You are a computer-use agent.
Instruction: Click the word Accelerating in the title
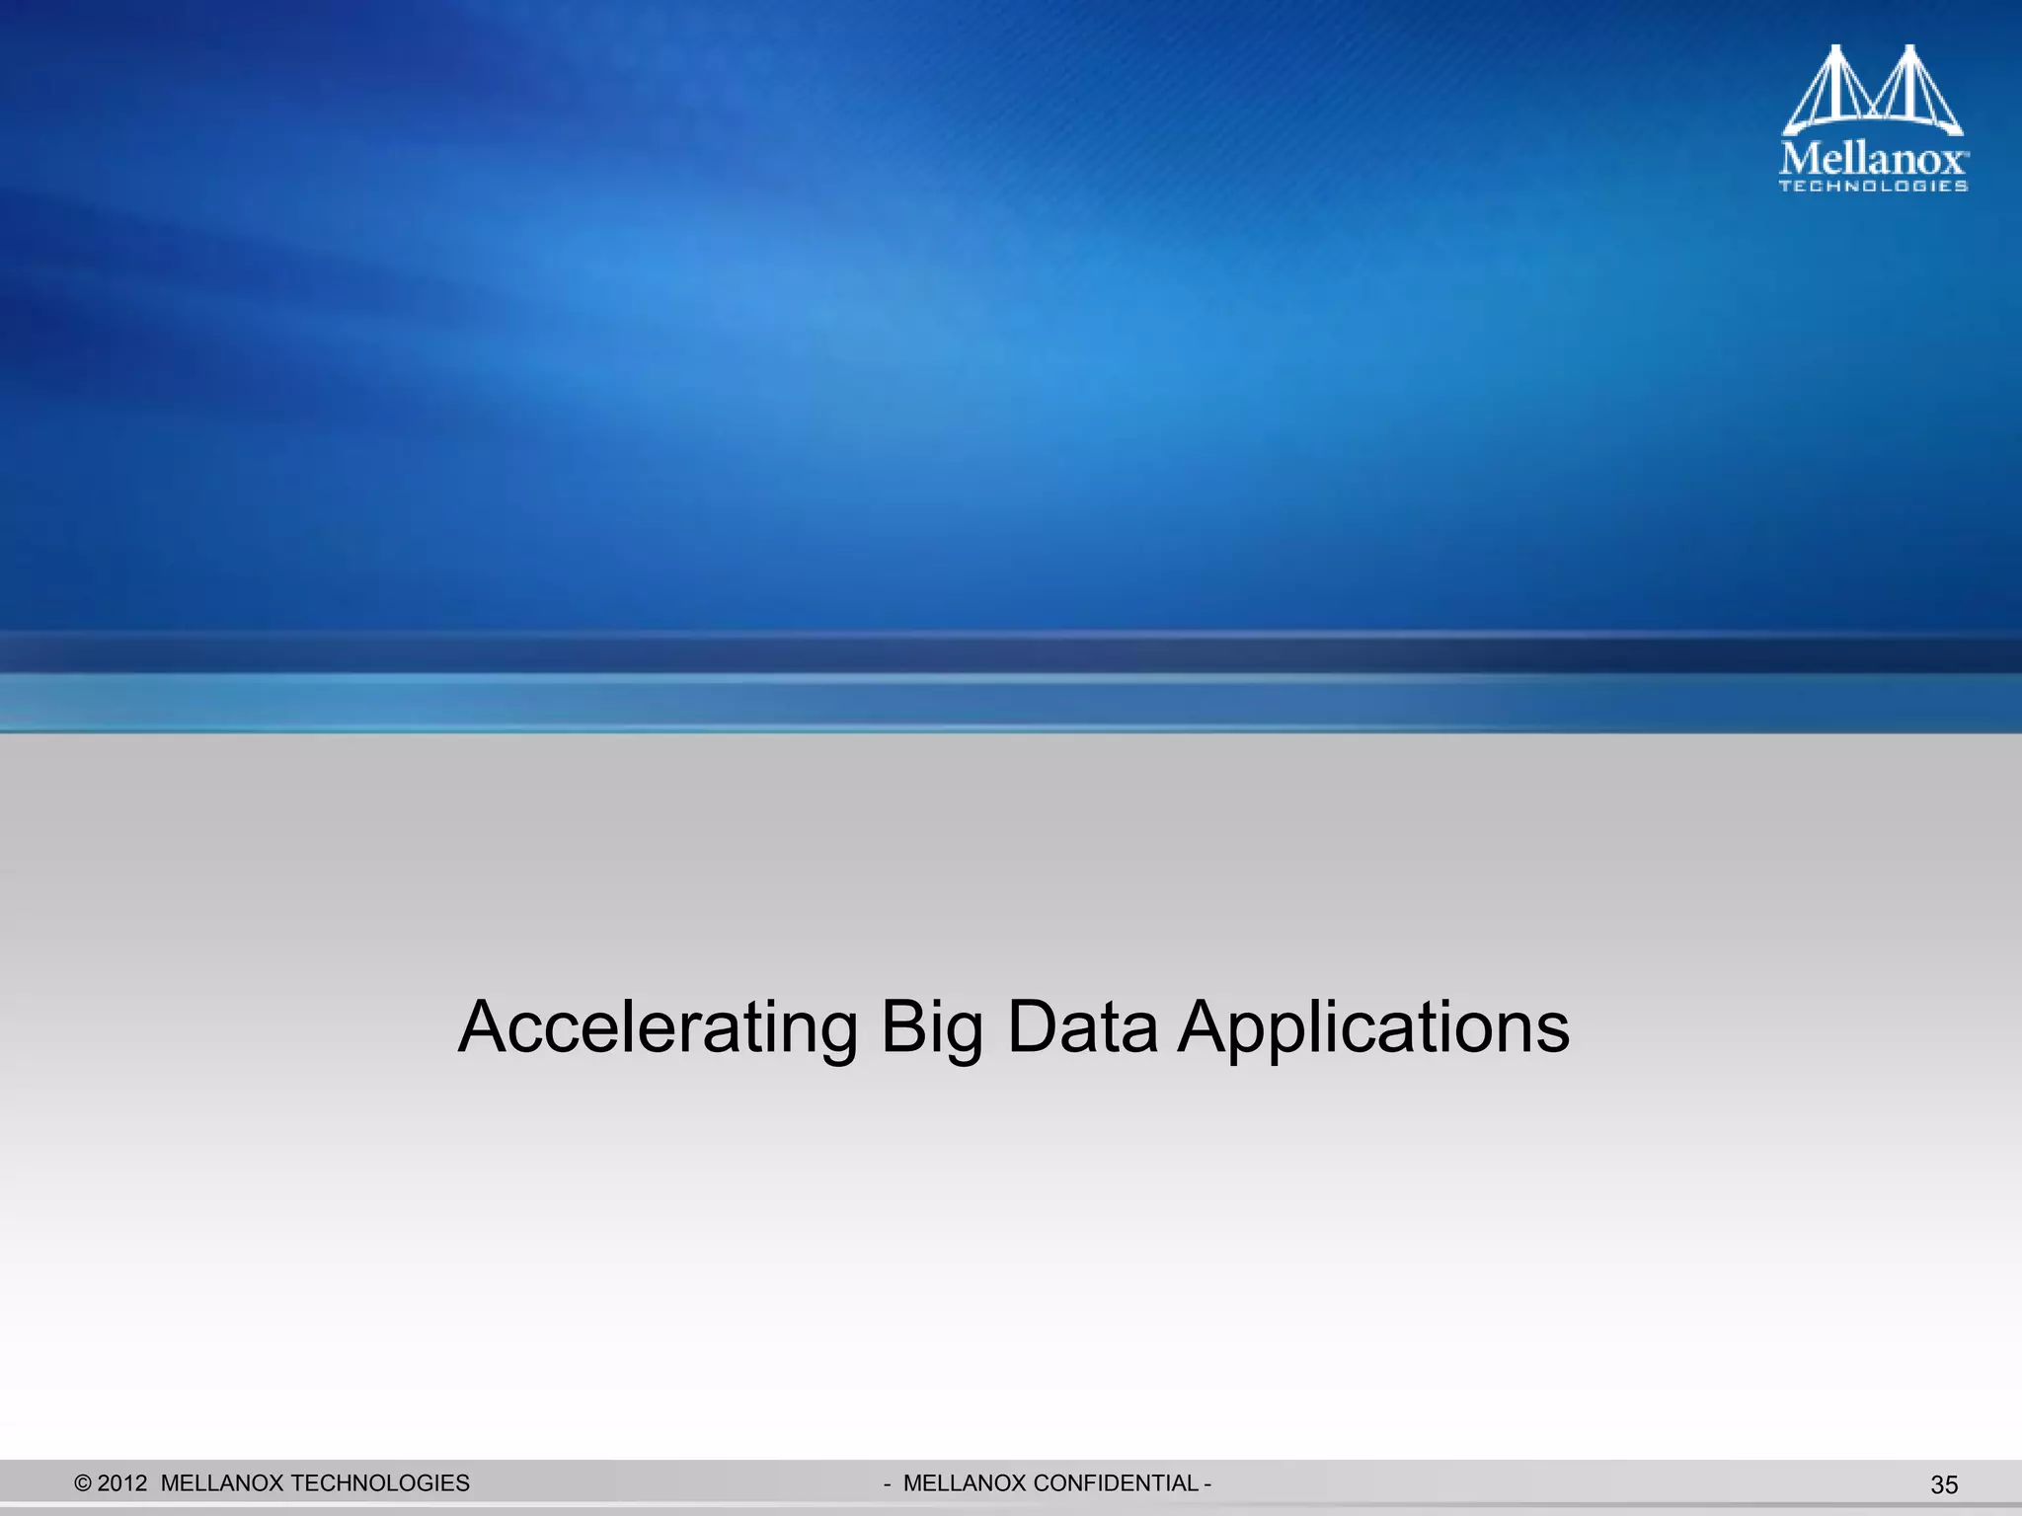(658, 1028)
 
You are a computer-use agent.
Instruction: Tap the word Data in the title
(1081, 1026)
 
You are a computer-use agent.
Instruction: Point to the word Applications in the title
(1373, 1028)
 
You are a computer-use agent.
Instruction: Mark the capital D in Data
(1031, 1026)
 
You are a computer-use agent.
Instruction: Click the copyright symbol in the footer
(83, 1483)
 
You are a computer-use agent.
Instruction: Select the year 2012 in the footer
(122, 1483)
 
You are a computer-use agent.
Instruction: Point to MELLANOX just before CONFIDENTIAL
(964, 1483)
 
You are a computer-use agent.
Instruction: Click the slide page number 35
(1944, 1485)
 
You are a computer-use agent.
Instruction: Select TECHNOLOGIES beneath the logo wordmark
(1873, 186)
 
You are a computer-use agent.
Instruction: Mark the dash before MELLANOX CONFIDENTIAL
(888, 1483)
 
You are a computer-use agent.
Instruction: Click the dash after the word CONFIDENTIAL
(1207, 1483)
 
